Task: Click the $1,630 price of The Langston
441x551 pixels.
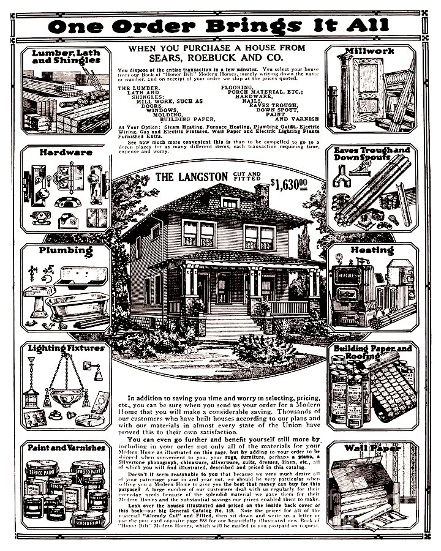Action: (x=289, y=183)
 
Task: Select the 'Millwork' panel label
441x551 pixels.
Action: (x=369, y=51)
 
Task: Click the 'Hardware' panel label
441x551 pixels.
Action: (x=66, y=152)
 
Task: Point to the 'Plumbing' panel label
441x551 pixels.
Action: (x=66, y=250)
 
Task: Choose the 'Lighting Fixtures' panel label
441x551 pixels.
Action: (x=66, y=348)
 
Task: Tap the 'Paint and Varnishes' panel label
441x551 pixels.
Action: (x=66, y=447)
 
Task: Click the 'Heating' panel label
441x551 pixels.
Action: (x=372, y=250)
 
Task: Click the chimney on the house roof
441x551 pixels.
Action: (x=262, y=195)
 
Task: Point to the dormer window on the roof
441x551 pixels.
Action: (x=230, y=203)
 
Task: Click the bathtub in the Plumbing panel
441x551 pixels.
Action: (x=76, y=304)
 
